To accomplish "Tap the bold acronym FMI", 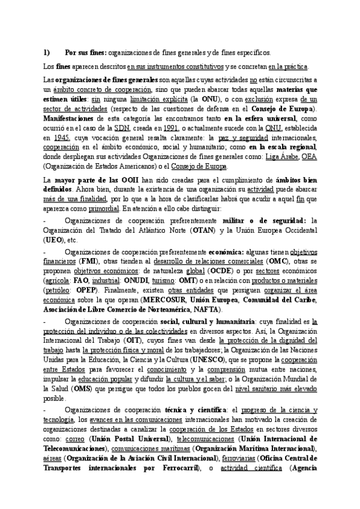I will coord(91,262).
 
